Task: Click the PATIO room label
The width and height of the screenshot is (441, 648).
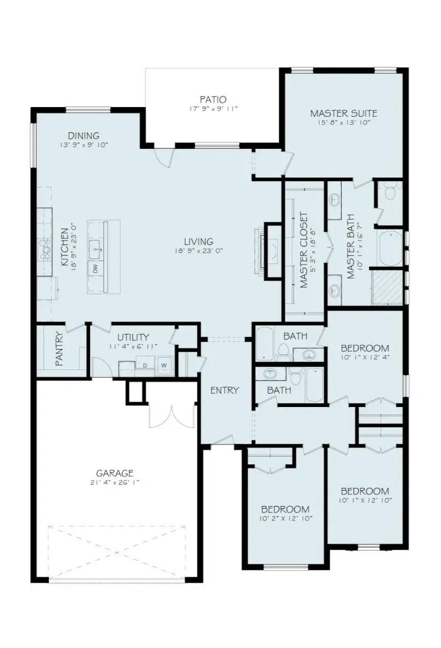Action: [213, 100]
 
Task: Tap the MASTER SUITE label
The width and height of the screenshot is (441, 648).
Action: [344, 114]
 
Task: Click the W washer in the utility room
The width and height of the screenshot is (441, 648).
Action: [164, 365]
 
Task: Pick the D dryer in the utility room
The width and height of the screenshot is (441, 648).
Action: [145, 366]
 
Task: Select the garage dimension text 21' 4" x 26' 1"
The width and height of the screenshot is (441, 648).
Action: [114, 483]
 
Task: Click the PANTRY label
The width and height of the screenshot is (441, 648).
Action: [59, 349]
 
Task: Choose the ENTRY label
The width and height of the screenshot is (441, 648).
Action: [224, 390]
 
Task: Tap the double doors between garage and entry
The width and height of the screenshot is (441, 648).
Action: [171, 416]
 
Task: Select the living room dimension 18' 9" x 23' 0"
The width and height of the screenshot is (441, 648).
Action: [198, 251]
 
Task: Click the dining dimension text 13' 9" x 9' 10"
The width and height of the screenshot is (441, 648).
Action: [84, 145]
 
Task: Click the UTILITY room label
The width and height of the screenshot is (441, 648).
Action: [133, 337]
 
